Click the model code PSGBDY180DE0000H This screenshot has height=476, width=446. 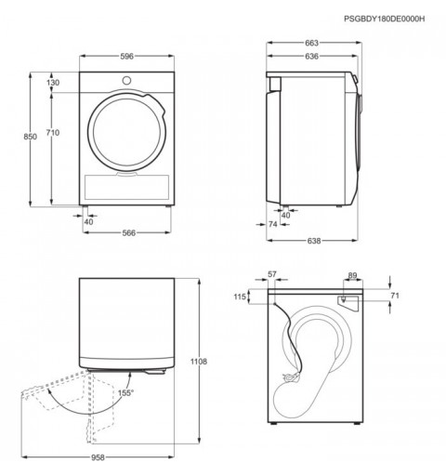point(385,19)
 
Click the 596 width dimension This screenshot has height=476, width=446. point(126,56)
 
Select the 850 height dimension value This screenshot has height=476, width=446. point(30,137)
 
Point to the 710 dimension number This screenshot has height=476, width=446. point(53,133)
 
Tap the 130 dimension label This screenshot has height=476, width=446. point(53,83)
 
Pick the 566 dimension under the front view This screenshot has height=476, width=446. point(128,232)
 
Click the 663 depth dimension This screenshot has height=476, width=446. point(311,43)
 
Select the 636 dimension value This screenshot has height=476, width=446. point(311,56)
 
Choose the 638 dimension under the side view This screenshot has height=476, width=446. point(314,241)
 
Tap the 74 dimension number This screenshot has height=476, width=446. point(273,224)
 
